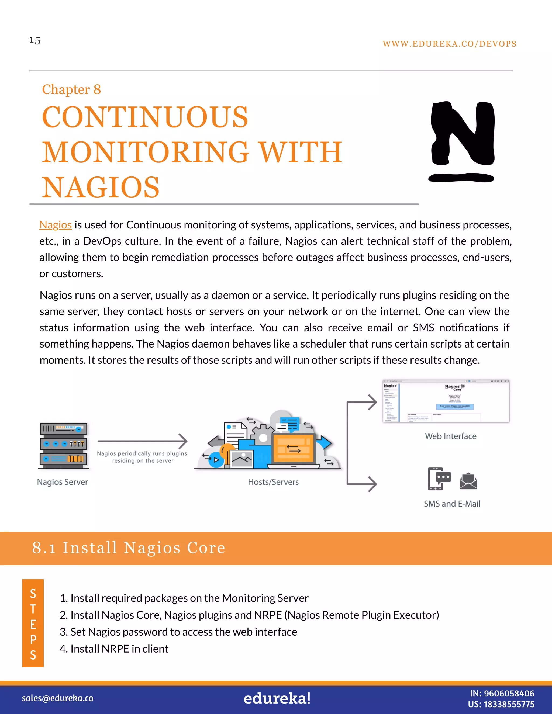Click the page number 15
coord(35,40)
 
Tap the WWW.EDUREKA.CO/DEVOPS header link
coord(449,44)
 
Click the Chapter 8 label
coord(71,89)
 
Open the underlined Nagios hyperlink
coord(55,225)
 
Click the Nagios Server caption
coord(63,482)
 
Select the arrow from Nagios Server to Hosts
coord(142,441)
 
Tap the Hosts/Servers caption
coord(273,482)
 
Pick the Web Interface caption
coord(450,436)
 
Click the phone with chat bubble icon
coord(439,479)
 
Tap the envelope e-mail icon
coord(468,481)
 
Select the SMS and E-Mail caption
coord(452,504)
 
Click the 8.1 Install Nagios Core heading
coord(129,548)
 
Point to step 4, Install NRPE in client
coord(114,649)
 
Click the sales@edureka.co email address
coord(58,698)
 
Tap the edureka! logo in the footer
coord(277,698)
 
